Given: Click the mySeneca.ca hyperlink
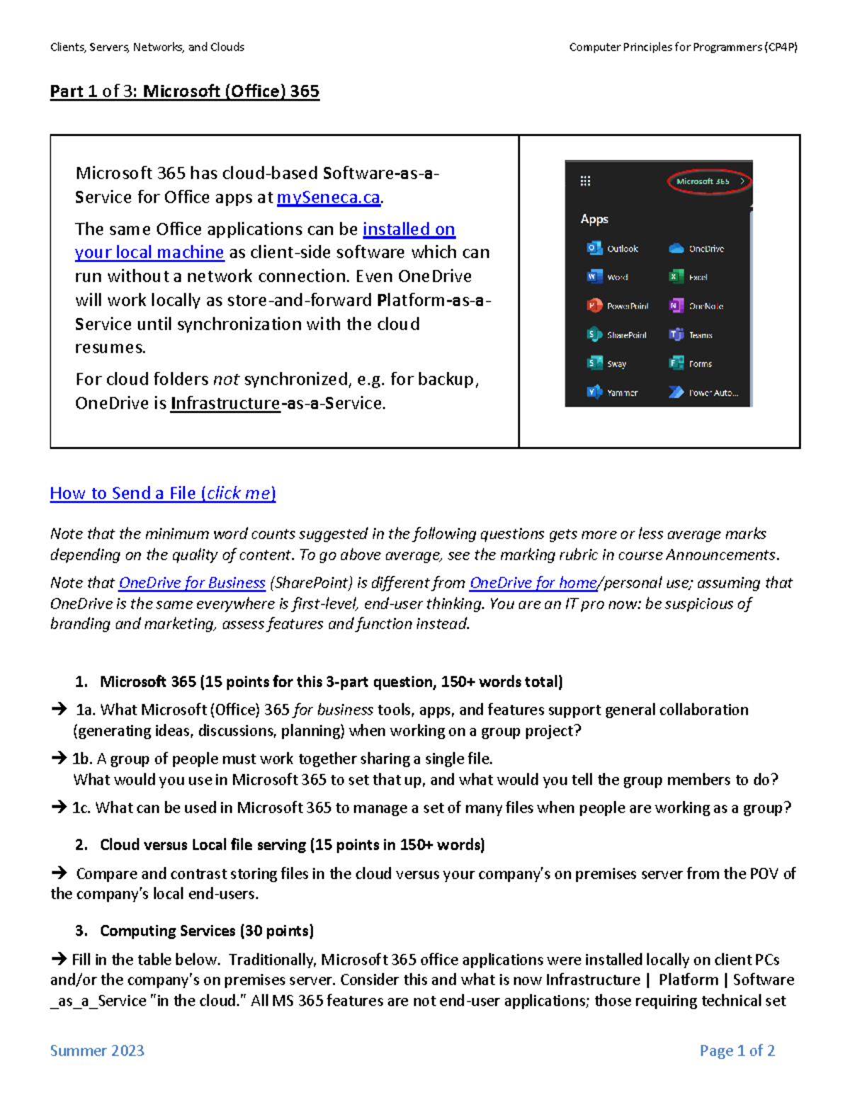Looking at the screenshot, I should pyautogui.click(x=328, y=198).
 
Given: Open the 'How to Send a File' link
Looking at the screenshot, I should pyautogui.click(x=162, y=494).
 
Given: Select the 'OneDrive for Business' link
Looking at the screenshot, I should pyautogui.click(x=191, y=583).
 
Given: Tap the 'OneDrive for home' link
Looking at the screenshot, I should pyautogui.click(x=533, y=583).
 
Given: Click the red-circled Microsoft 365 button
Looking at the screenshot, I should pyautogui.click(x=708, y=181).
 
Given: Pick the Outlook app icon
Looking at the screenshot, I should pyautogui.click(x=594, y=248).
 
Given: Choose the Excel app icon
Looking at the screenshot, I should pyautogui.click(x=676, y=277).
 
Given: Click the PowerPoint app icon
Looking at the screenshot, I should pyautogui.click(x=594, y=306).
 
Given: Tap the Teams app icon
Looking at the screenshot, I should pyautogui.click(x=676, y=335).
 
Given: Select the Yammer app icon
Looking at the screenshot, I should pyautogui.click(x=594, y=392).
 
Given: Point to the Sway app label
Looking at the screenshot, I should pyautogui.click(x=616, y=364).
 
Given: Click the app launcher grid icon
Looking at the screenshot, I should pyautogui.click(x=585, y=181).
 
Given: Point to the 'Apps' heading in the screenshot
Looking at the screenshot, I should pyautogui.click(x=594, y=219).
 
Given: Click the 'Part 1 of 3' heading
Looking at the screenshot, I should pyautogui.click(x=184, y=91).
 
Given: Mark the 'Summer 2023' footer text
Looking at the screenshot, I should pyautogui.click(x=97, y=1050).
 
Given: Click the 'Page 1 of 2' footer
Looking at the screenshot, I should pyautogui.click(x=737, y=1050).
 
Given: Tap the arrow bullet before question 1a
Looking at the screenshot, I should pyautogui.click(x=58, y=709).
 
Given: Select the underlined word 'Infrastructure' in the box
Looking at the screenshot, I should pyautogui.click(x=225, y=404).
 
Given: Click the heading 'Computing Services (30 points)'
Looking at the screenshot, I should pyautogui.click(x=206, y=931).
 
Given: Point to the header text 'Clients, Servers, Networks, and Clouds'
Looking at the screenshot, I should pyautogui.click(x=147, y=47).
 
